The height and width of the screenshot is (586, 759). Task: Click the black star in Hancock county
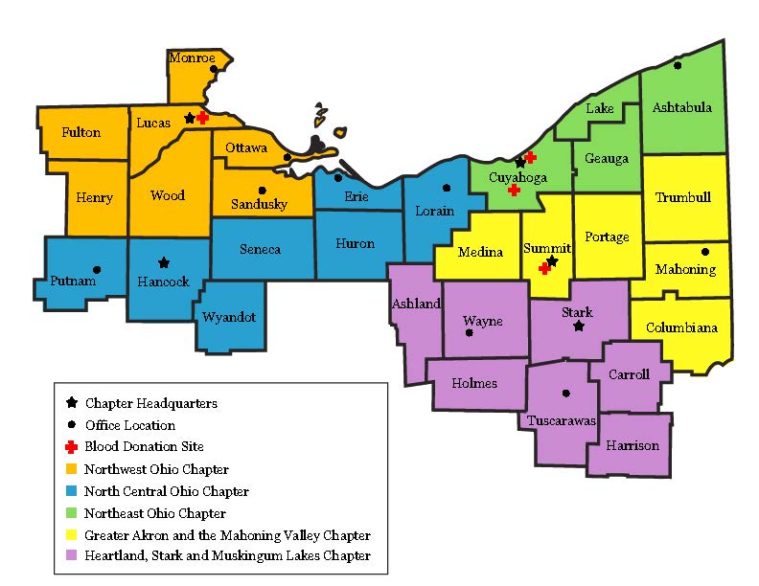pos(164,261)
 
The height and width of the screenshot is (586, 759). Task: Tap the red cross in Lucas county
pos(203,117)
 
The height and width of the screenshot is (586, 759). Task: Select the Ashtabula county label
pos(681,107)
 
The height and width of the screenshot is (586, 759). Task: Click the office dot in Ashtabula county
pos(678,66)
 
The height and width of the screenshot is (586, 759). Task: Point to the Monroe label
pos(192,58)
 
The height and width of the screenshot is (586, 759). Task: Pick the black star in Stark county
pos(578,327)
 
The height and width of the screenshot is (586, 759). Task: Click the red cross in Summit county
pos(543,268)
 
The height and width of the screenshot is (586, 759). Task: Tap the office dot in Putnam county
pos(96,269)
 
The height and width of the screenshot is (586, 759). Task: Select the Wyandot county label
pos(229,317)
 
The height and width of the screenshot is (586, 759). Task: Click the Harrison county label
pos(632,445)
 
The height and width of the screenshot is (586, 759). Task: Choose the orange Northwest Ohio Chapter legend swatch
pos(71,469)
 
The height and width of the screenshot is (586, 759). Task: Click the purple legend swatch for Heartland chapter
pos(71,555)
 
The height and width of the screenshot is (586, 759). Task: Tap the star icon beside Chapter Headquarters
pos(71,403)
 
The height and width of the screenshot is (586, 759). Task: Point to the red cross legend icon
pos(71,446)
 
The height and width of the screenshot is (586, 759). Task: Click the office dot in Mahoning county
pos(705,252)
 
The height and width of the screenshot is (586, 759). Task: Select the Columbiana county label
pos(681,327)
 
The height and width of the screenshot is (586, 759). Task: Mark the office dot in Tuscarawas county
pos(565,393)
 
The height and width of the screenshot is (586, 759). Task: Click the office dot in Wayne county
pos(469,333)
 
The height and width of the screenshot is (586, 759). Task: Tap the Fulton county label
pos(80,132)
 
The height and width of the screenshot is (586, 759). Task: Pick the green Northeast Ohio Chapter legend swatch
pos(71,512)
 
